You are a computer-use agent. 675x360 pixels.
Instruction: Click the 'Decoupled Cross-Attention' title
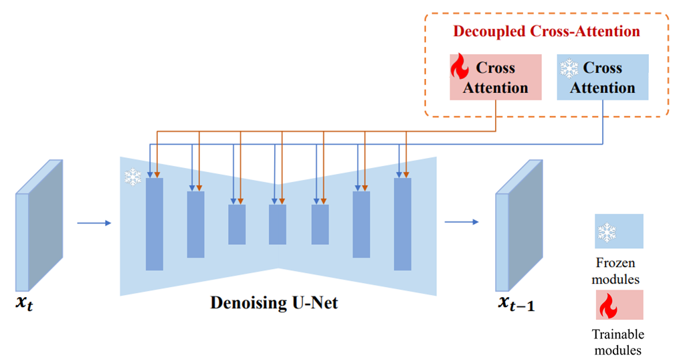[547, 31]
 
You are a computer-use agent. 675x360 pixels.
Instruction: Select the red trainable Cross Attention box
[496, 78]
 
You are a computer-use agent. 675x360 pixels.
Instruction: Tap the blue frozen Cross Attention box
[602, 78]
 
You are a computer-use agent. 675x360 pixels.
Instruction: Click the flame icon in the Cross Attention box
[460, 68]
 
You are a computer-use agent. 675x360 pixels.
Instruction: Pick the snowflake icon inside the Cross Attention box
[569, 68]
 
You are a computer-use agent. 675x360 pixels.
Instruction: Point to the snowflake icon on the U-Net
[132, 177]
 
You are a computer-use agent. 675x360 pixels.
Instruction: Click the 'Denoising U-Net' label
[274, 303]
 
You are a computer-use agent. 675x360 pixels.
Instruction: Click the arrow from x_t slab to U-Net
[94, 223]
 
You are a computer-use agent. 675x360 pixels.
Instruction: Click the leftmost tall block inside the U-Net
[155, 223]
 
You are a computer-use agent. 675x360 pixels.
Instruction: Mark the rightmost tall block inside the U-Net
[402, 223]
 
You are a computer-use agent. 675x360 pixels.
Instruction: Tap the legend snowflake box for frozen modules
[619, 232]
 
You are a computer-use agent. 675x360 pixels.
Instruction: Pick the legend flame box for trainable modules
[619, 304]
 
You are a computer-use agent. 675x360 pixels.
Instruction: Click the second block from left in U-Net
[196, 224]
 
